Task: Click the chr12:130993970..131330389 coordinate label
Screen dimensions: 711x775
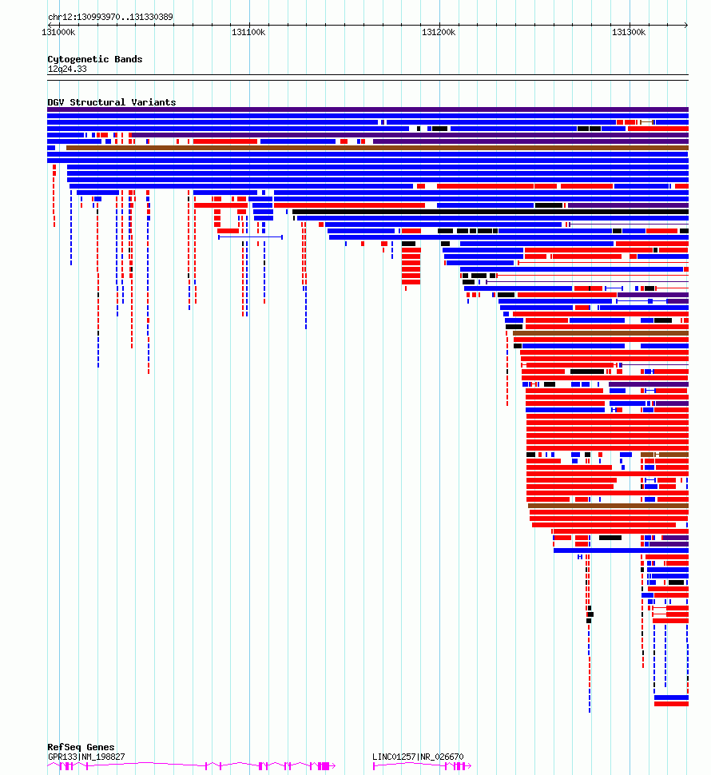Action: coord(110,17)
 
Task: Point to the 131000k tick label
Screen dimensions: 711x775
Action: coord(58,32)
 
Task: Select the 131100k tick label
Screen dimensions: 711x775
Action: coord(248,32)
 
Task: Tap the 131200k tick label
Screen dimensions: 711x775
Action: coord(439,32)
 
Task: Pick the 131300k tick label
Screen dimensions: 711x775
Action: coord(629,32)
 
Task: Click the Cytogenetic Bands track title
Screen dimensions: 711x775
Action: coord(95,59)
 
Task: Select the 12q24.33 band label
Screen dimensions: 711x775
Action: coord(67,70)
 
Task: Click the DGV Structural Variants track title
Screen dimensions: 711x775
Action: coord(112,102)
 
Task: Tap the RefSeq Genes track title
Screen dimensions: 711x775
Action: coord(81,747)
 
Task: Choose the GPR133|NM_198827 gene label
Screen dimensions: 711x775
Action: coord(86,757)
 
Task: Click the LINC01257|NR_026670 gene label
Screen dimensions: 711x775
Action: coord(418,757)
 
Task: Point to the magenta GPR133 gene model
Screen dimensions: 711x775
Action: coord(191,766)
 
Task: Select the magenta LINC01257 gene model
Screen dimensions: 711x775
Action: coord(422,766)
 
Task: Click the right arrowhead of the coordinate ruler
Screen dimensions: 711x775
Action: coord(686,25)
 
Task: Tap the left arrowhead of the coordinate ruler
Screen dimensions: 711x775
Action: coord(50,25)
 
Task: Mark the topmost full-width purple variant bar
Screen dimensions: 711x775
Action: coord(367,109)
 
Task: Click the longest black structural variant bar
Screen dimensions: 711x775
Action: coord(491,212)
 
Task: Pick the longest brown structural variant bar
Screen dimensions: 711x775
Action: coord(377,148)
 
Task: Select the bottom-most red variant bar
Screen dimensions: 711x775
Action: coord(671,704)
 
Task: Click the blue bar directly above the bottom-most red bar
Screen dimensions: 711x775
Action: coord(671,697)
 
